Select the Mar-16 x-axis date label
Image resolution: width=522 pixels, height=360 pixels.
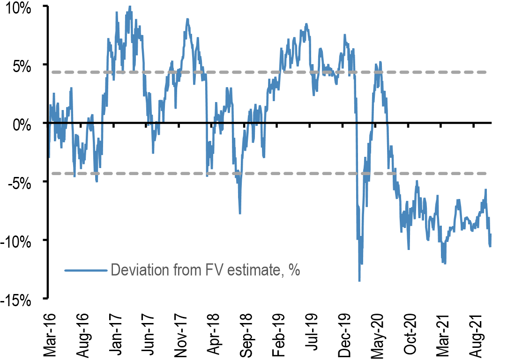49,331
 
